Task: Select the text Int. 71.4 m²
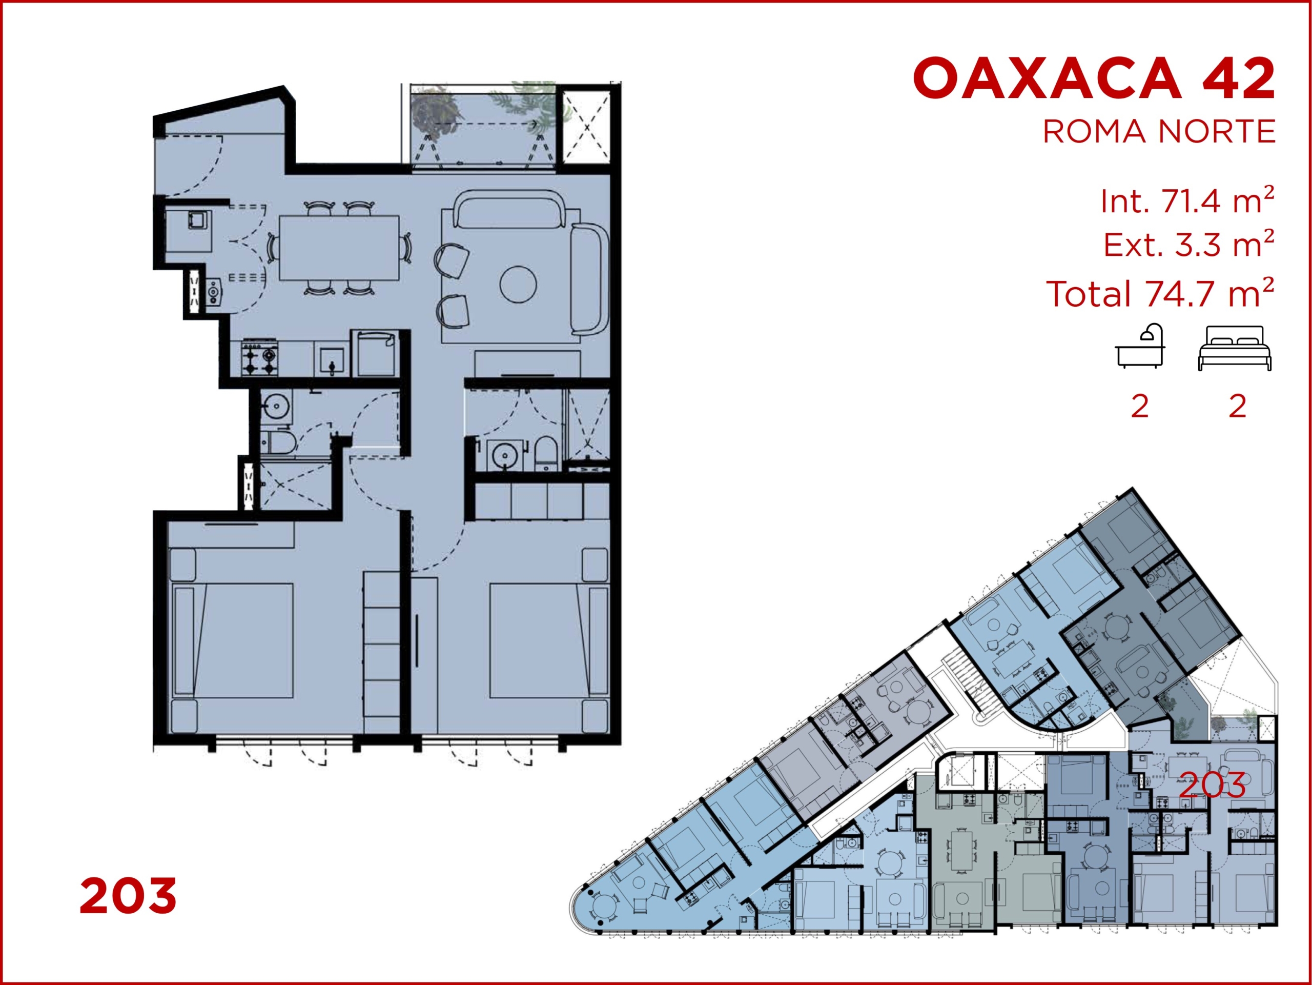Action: [1187, 200]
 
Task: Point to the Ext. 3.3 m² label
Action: [1188, 244]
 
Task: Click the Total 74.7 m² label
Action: [1160, 293]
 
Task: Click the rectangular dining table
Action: [339, 248]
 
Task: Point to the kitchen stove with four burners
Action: [260, 357]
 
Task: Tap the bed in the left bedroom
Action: [233, 641]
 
